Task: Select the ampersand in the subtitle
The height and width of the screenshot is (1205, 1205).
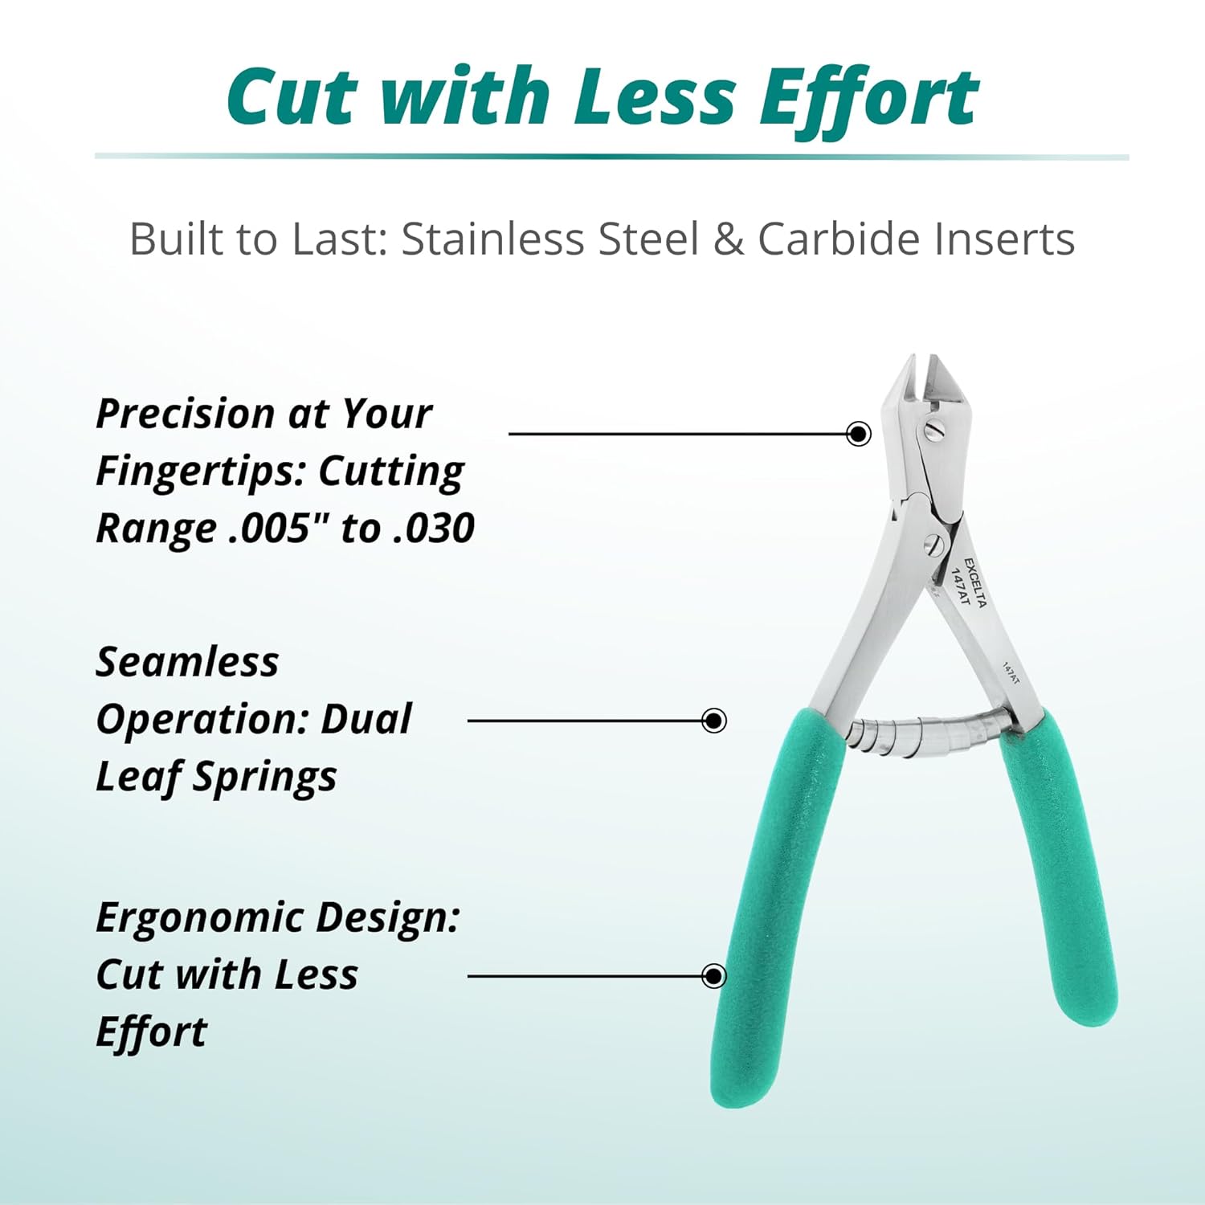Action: [x=728, y=239]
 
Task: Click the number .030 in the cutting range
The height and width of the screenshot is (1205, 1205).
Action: [x=435, y=528]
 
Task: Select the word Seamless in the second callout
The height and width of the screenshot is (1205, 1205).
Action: [x=187, y=662]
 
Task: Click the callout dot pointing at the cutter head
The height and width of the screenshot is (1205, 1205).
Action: [x=859, y=434]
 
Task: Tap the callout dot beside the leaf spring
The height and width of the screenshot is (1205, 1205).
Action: [x=713, y=720]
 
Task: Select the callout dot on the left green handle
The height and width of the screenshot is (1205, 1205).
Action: [x=713, y=976]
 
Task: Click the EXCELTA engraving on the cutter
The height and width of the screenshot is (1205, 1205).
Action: [x=975, y=582]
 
